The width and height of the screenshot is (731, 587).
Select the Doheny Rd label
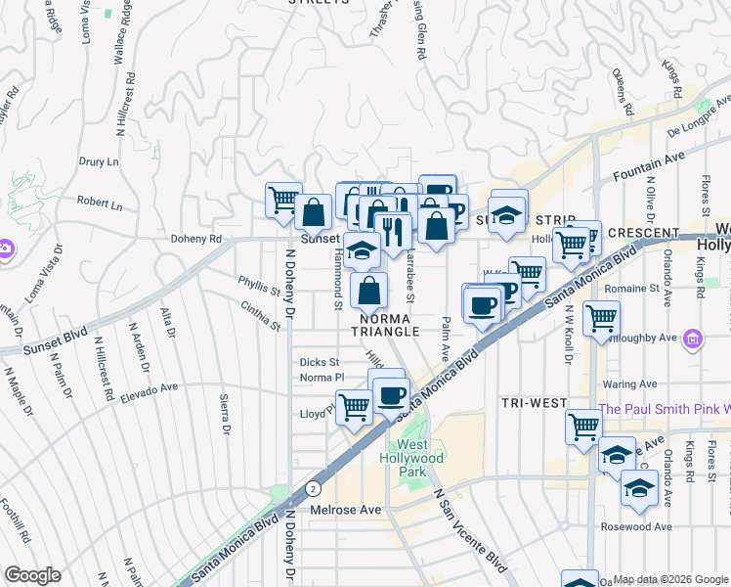(196, 239)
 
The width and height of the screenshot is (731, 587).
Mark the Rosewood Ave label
(640, 527)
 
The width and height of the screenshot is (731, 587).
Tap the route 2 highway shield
(311, 487)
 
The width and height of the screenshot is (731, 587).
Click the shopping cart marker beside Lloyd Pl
(354, 405)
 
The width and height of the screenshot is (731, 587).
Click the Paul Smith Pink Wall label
(665, 409)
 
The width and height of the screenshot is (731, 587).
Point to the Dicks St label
(320, 362)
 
